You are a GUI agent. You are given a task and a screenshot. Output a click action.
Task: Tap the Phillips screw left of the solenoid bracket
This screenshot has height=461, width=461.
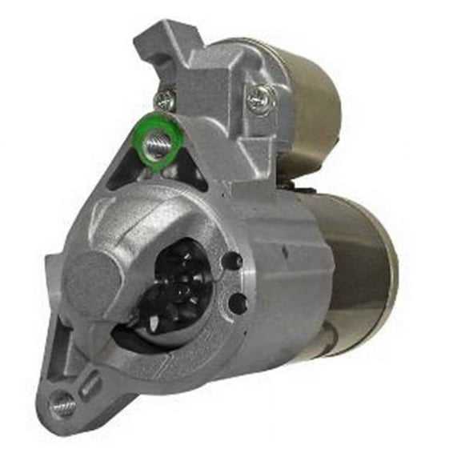165,101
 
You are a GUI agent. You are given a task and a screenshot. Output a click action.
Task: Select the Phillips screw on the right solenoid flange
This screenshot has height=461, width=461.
261,98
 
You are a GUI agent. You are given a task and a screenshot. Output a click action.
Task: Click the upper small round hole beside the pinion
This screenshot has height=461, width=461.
231,262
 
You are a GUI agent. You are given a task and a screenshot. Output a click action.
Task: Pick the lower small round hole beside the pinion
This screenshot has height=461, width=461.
238,302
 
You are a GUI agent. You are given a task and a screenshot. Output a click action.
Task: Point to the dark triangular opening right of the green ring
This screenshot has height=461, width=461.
188,170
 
